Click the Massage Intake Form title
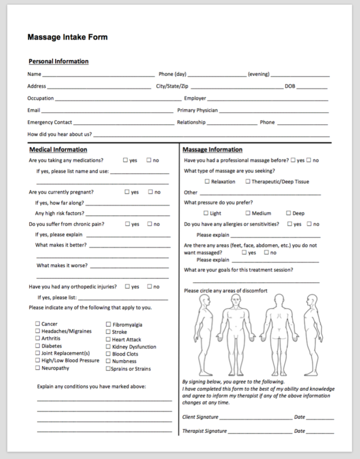click(67, 37)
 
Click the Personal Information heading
click(58, 61)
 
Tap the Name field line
click(98, 75)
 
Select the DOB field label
click(290, 87)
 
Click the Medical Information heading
click(58, 150)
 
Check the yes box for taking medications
click(126, 160)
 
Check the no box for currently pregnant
click(150, 192)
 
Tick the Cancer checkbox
click(38, 324)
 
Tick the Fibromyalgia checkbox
click(108, 325)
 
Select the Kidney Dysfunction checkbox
click(108, 346)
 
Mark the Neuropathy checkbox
click(38, 368)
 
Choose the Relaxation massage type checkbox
click(207, 182)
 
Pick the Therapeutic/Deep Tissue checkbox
click(248, 182)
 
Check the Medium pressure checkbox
click(248, 213)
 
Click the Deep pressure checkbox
click(288, 213)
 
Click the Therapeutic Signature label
click(204, 431)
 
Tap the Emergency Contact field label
click(49, 122)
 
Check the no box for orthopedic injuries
click(150, 286)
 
